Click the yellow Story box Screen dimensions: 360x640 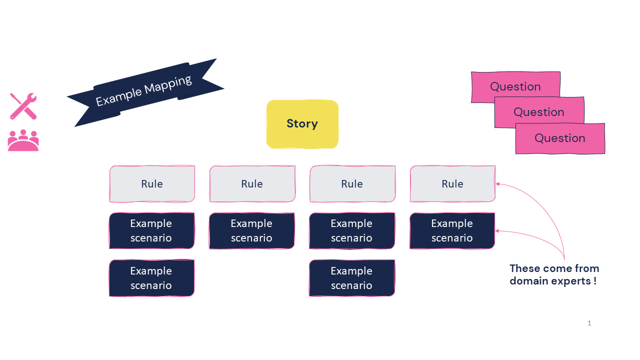302,124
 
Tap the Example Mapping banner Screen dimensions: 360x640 144,91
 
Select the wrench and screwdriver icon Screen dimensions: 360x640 23,106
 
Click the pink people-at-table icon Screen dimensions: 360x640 23,140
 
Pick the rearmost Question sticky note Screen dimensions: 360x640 515,86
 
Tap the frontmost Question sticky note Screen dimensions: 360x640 560,138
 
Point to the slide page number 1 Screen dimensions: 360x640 589,323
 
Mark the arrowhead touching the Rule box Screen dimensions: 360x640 498,184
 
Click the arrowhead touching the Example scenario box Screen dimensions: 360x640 498,230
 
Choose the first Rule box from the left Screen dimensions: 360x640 152,184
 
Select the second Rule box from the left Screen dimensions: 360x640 252,184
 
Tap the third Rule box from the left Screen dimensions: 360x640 352,184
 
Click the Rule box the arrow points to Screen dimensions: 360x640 452,184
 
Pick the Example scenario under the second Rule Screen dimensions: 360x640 251,230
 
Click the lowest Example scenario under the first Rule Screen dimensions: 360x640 151,278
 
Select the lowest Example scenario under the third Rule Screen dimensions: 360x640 351,278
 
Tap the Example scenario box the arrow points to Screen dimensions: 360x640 452,230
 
